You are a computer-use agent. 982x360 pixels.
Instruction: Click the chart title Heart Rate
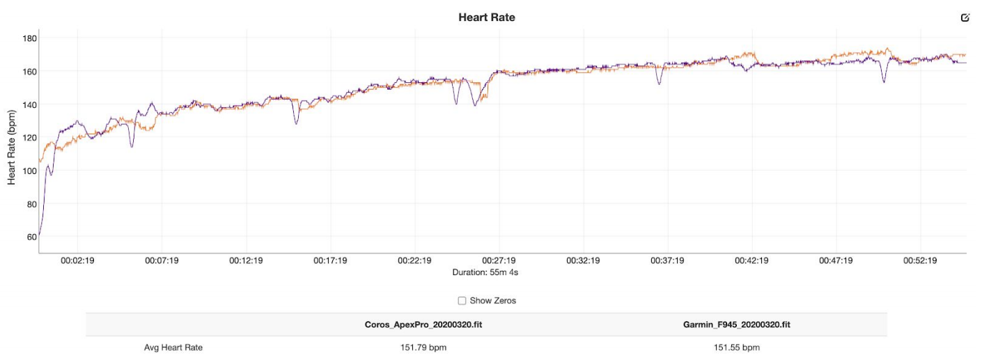pyautogui.click(x=486, y=17)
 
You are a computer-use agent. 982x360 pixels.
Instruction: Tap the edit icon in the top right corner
pyautogui.click(x=965, y=17)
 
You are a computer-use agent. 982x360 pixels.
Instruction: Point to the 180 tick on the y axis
pyautogui.click(x=28, y=38)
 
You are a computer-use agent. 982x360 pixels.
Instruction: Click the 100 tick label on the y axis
pyautogui.click(x=28, y=171)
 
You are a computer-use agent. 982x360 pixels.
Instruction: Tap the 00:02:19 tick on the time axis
pyautogui.click(x=77, y=261)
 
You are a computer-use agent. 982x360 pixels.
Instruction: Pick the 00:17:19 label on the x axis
pyautogui.click(x=330, y=261)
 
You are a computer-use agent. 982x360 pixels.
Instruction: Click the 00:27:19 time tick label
pyautogui.click(x=499, y=261)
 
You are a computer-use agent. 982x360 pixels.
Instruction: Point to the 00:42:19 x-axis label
pyautogui.click(x=751, y=261)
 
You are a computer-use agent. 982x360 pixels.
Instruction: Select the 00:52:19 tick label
pyautogui.click(x=920, y=261)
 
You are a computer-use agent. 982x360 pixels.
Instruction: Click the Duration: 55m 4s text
pyautogui.click(x=485, y=272)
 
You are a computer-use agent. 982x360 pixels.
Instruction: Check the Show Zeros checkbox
pyautogui.click(x=462, y=301)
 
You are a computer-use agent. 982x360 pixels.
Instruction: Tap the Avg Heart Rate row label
pyautogui.click(x=173, y=347)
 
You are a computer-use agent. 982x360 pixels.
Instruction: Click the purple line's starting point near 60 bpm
pyautogui.click(x=40, y=235)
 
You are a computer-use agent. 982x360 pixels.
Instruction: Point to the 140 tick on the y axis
pyautogui.click(x=28, y=104)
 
